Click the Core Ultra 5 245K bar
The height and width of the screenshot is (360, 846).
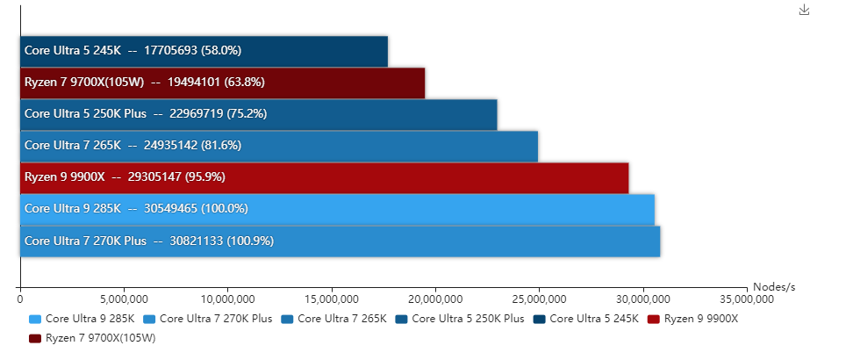pos(204,51)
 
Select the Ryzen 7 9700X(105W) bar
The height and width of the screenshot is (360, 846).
pos(222,83)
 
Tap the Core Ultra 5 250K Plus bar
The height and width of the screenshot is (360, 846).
pos(258,114)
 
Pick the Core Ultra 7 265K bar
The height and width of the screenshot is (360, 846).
pos(278,146)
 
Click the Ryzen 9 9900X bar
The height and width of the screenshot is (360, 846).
pos(324,177)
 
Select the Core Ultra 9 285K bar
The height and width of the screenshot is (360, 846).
pos(337,209)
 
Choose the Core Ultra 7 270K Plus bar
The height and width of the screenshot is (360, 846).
pos(340,241)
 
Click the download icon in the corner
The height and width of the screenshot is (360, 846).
pos(804,10)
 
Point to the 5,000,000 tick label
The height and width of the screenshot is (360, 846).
pos(124,299)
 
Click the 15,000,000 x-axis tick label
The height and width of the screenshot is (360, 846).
pos(332,299)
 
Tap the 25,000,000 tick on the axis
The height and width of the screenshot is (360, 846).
pos(540,299)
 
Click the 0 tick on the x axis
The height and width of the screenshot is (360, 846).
pos(20,299)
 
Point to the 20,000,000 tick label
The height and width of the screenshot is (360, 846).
pos(436,299)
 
